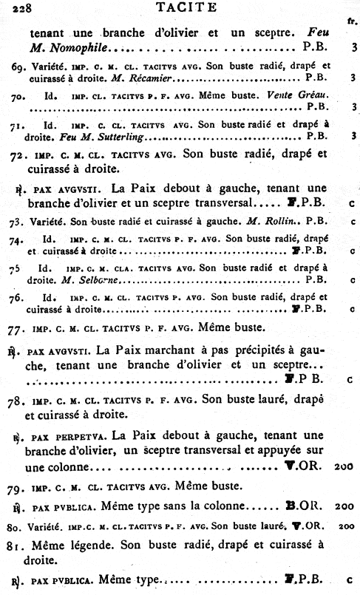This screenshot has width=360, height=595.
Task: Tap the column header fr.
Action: coord(353,21)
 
